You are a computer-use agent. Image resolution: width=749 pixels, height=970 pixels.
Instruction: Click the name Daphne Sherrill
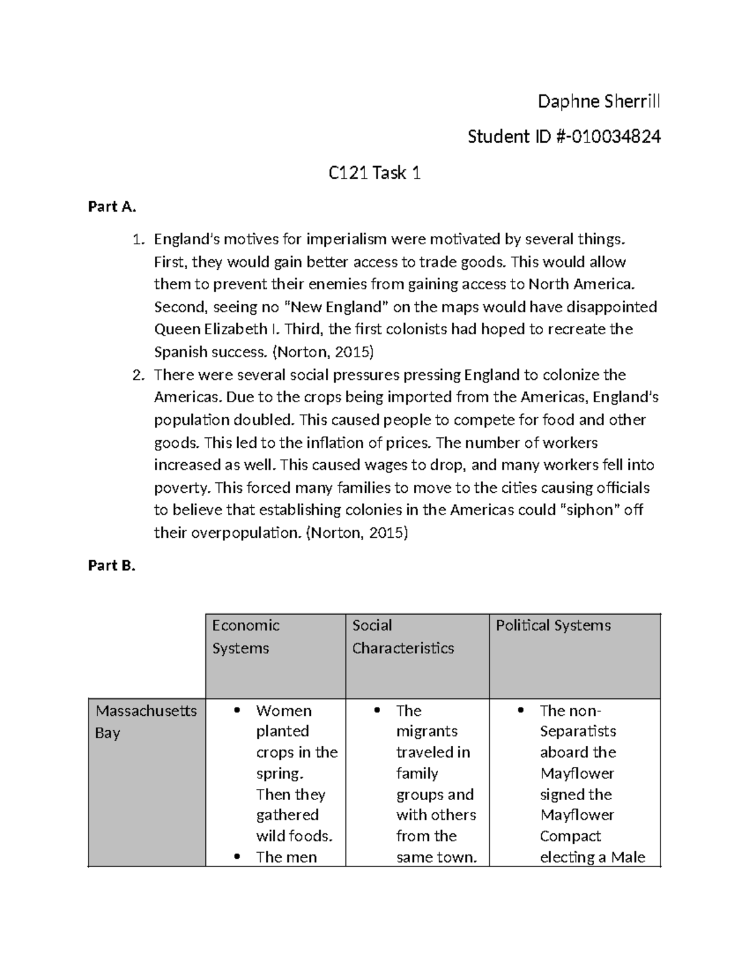pos(599,101)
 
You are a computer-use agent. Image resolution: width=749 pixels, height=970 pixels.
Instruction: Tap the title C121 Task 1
pos(374,173)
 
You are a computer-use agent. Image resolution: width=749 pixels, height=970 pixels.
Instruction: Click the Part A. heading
pos(112,207)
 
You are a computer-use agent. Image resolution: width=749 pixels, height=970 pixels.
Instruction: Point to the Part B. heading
pos(112,565)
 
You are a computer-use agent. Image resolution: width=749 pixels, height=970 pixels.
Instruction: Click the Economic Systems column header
pos(246,636)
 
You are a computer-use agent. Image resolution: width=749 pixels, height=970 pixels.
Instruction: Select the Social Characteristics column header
pos(403,636)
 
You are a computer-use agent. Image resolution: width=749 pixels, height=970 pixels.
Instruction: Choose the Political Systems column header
pos(553,625)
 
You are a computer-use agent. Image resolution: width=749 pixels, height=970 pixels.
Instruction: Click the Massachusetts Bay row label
pos(146,721)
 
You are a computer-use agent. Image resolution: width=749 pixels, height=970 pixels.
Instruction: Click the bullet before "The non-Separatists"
pos(520,711)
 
